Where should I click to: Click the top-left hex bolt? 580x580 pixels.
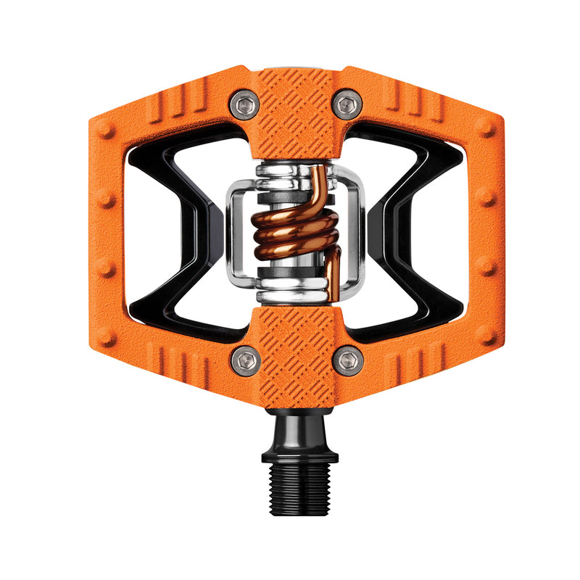[244, 104]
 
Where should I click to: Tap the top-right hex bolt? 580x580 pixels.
[347, 104]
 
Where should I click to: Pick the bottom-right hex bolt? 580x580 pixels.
[347, 359]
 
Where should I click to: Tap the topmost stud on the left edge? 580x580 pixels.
[107, 131]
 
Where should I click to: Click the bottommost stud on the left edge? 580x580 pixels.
[107, 336]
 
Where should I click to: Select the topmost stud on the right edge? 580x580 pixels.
[484, 131]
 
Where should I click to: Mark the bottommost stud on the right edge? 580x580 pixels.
[484, 336]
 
